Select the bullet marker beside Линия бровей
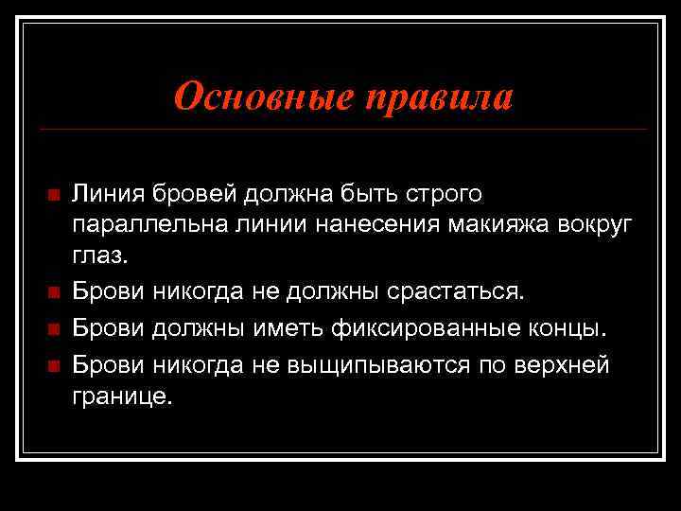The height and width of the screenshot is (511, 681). point(53,195)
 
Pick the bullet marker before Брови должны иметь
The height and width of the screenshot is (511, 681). point(53,328)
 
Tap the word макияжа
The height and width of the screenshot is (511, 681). point(470,225)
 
